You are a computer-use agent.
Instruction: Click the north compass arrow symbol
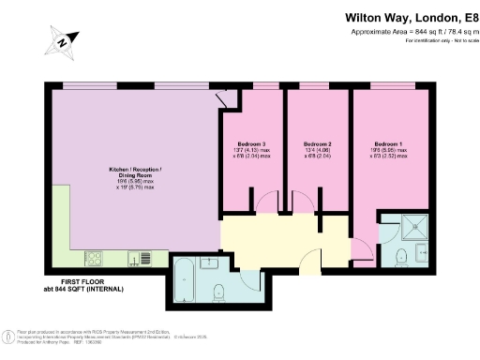click(x=63, y=41)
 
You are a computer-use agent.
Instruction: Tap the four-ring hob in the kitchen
click(x=97, y=257)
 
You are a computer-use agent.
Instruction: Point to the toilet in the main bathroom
click(x=217, y=289)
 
